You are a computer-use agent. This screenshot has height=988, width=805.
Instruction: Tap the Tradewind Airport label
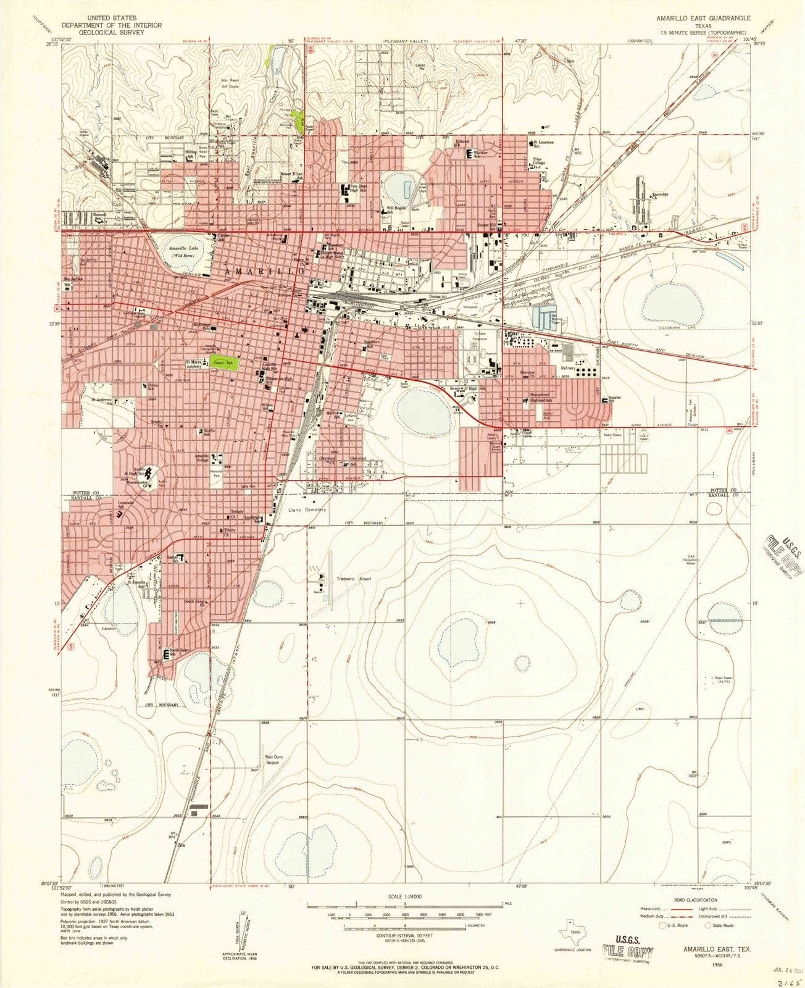click(x=354, y=579)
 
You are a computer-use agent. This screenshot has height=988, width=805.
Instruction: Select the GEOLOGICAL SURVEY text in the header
click(x=112, y=33)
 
